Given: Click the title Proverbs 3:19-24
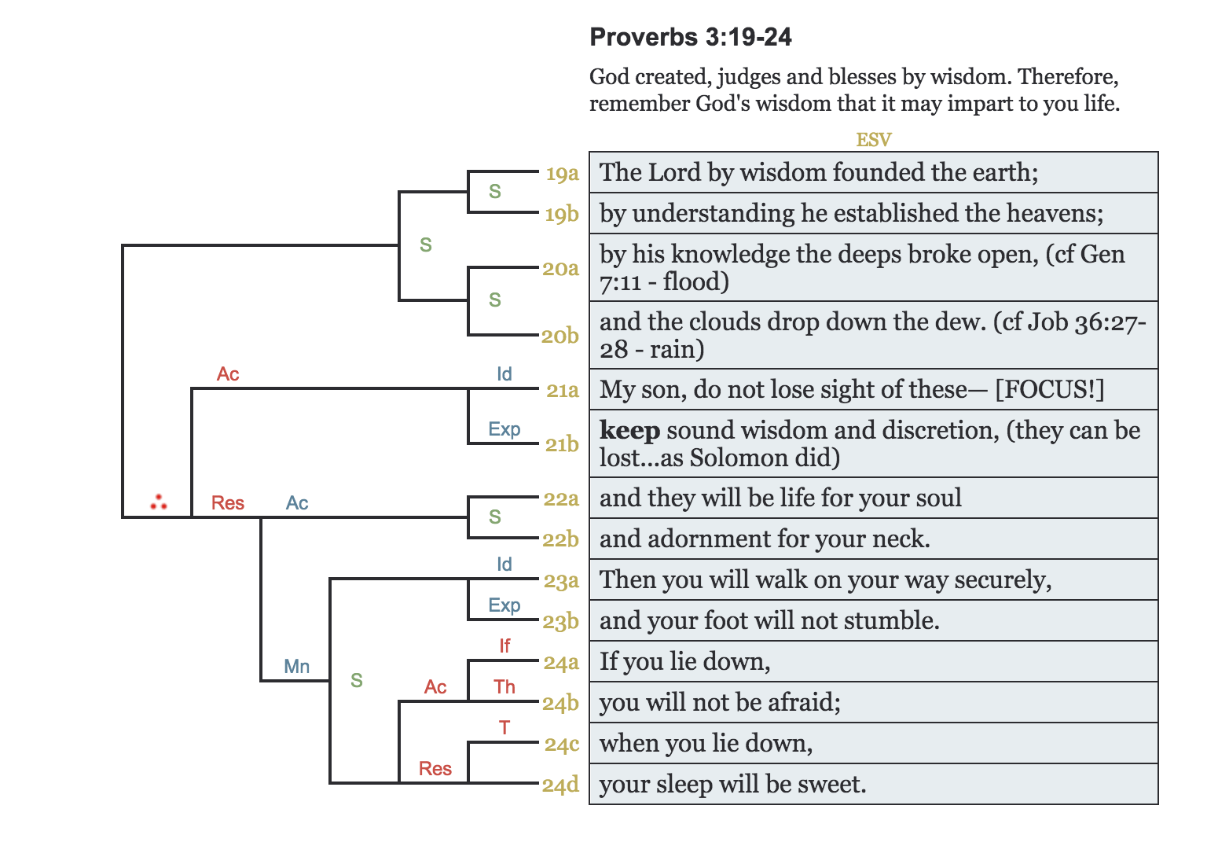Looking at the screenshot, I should [690, 37].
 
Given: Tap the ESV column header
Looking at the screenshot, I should [873, 140].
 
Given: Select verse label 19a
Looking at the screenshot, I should [562, 173].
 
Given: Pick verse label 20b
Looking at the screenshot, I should [560, 336].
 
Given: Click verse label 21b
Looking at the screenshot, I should [562, 444].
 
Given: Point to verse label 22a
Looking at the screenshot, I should [561, 498].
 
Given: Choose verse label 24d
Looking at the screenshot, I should [560, 785].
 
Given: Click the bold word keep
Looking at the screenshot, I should [629, 430].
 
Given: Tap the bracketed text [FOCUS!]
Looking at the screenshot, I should [1049, 389].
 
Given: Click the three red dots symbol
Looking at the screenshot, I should [159, 502].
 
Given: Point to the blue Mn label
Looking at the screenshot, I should [297, 667].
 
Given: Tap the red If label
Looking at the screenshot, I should [504, 646].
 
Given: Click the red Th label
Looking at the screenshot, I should [504, 687].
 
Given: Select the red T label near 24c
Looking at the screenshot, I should [504, 728].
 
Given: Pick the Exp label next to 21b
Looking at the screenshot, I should [504, 429].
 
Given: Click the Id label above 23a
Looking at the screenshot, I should [504, 565].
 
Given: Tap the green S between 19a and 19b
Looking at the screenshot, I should [495, 192].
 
